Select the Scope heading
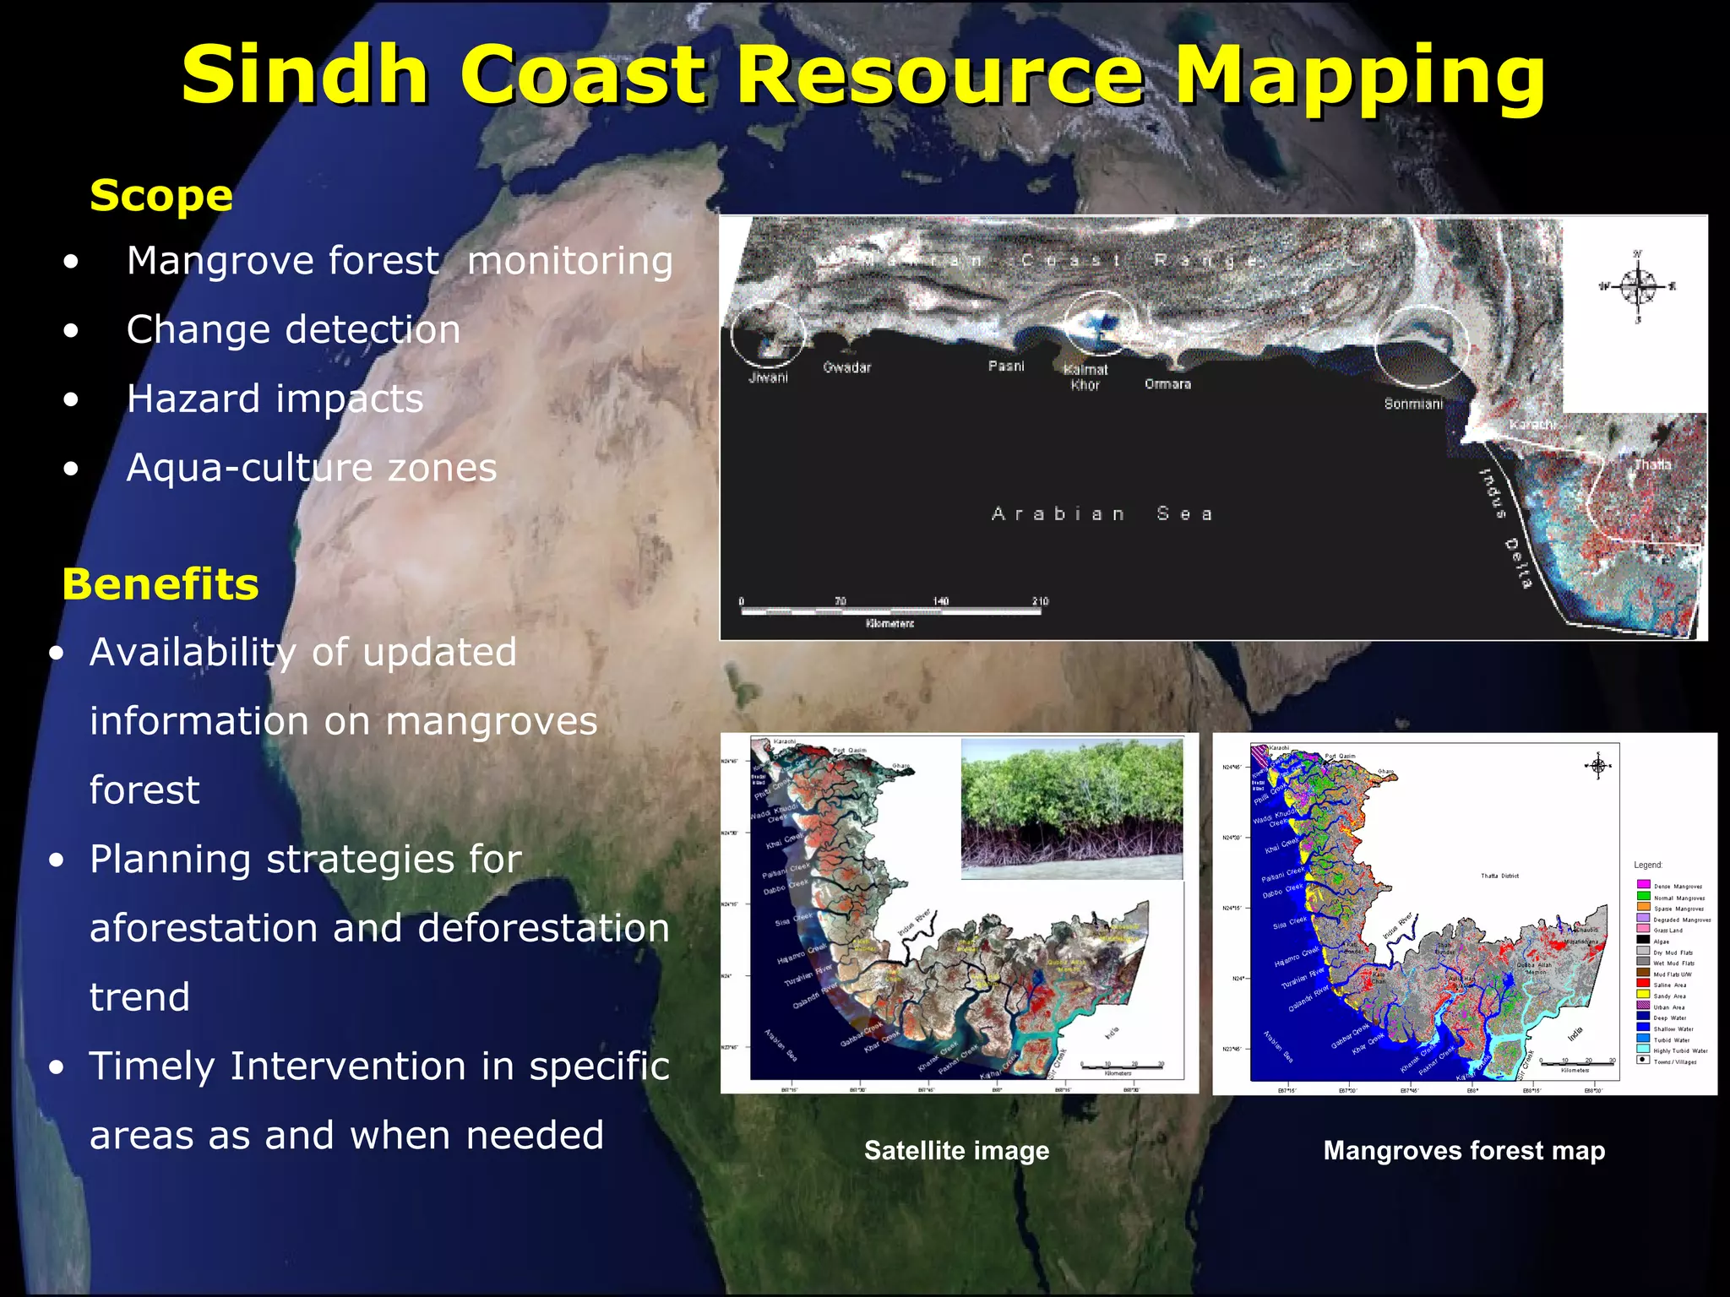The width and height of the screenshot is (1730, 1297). coord(161,196)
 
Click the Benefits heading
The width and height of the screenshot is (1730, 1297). coord(160,584)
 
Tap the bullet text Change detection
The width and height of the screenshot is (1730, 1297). coord(293,329)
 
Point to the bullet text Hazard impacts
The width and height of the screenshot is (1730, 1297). coord(275,399)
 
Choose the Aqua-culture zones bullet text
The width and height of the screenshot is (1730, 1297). coord(312,468)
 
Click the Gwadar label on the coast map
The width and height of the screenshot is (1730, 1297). coord(846,367)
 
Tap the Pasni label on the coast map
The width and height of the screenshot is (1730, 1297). coord(1006,366)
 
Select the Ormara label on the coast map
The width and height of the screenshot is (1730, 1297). coord(1167,384)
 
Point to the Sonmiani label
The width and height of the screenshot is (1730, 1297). coord(1413,404)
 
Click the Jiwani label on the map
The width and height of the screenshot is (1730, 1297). coord(769,377)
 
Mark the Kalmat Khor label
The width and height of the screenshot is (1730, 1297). coord(1085,377)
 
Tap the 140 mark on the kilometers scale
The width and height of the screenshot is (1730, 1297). coord(940,601)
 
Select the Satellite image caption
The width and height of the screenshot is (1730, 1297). coord(956,1150)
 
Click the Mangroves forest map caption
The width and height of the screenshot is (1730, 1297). coord(1464,1150)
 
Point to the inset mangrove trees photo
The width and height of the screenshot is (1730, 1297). coord(1071,809)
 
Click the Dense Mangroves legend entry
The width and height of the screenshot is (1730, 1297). coord(1676,887)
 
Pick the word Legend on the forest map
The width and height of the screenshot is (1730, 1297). coord(1648,865)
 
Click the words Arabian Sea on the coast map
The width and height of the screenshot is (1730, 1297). coord(1102,513)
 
